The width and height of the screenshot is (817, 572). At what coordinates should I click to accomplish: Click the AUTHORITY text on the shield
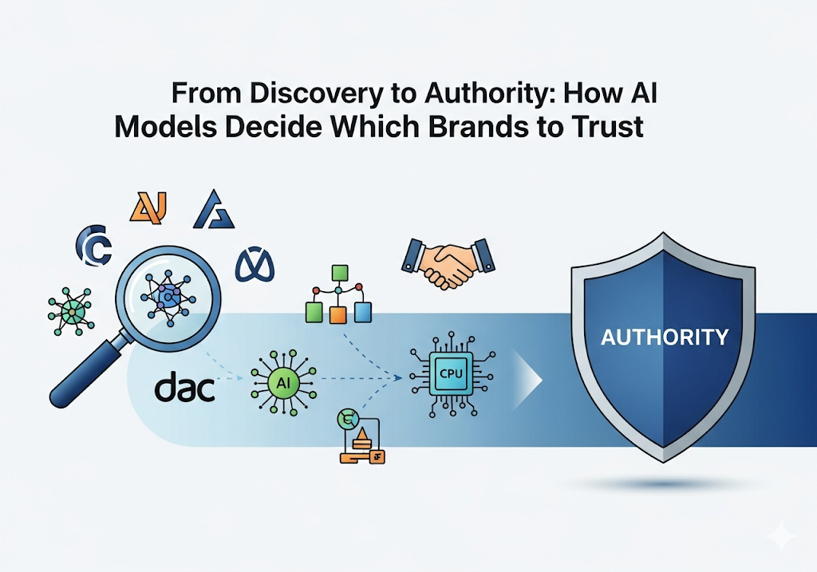tap(664, 337)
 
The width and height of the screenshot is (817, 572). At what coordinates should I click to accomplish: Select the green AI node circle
tap(282, 382)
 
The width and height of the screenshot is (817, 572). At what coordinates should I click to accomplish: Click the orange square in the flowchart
tap(340, 313)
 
